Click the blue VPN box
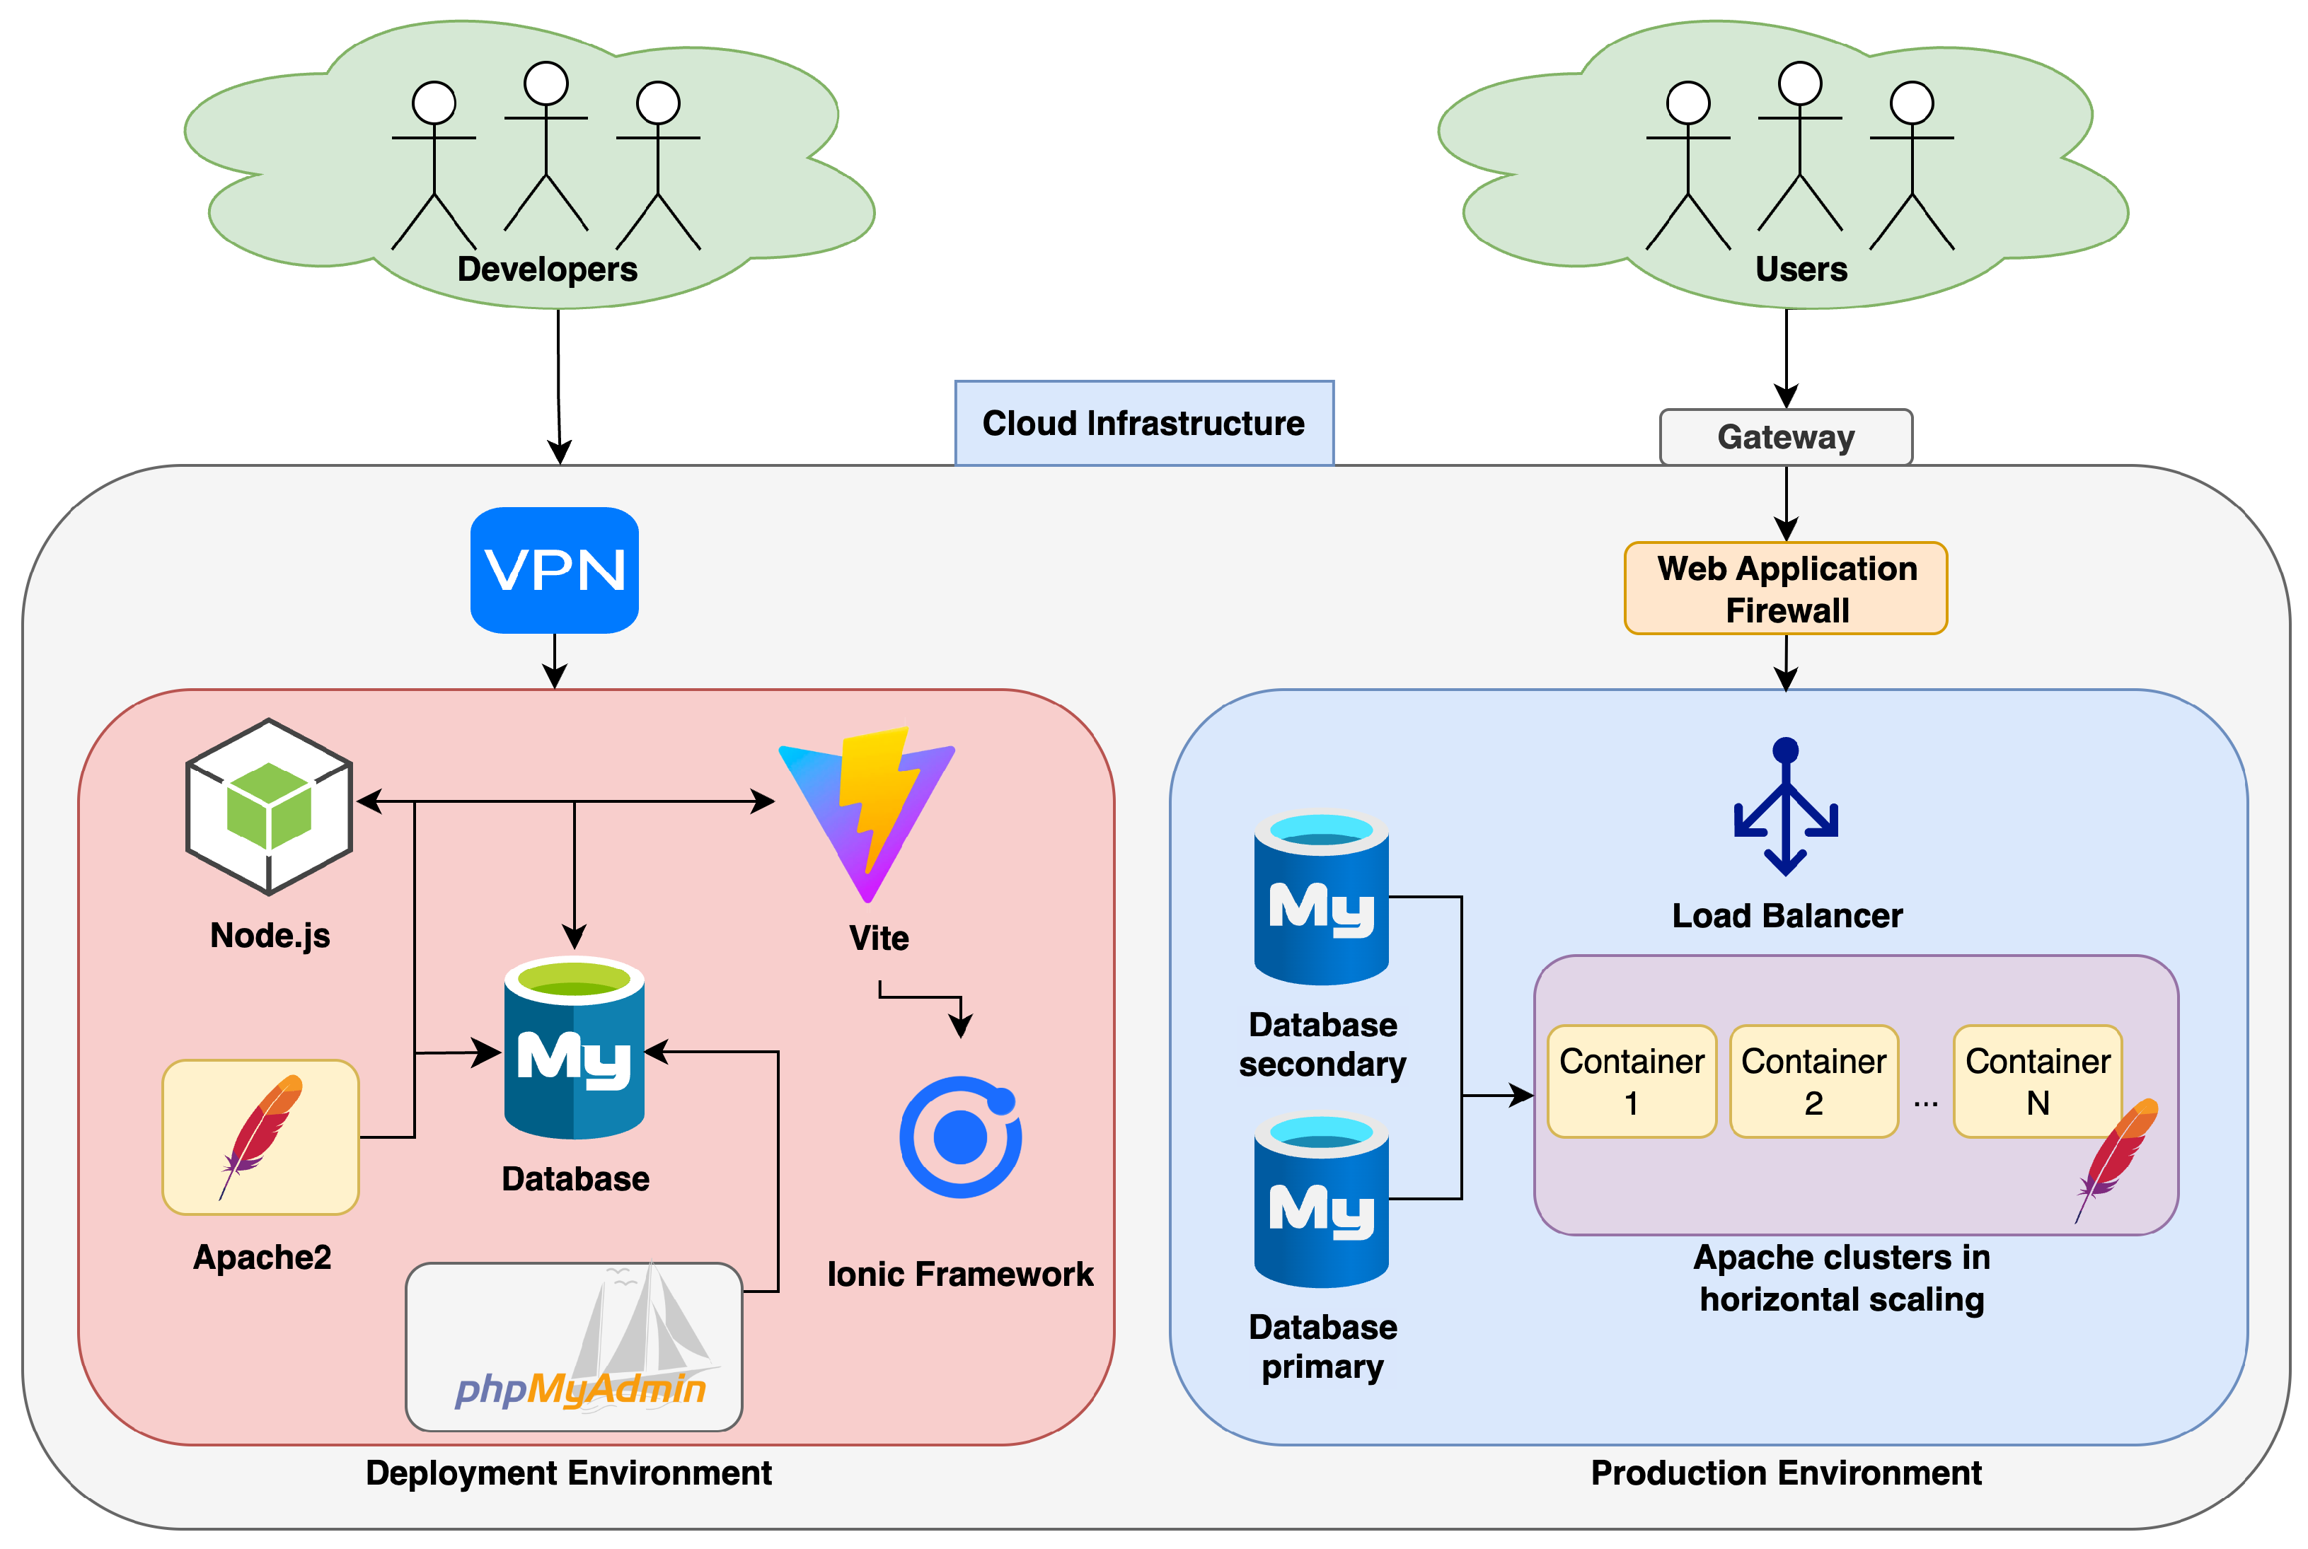coord(554,570)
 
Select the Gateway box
coord(1785,436)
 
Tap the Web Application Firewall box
coord(1785,588)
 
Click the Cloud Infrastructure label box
coord(1143,423)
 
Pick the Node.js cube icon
coord(269,807)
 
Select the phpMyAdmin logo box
coord(574,1347)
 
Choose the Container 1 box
coord(1631,1081)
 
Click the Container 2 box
coord(1813,1081)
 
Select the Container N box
coord(2037,1081)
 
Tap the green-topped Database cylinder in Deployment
coord(574,1048)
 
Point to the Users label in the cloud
coord(1800,269)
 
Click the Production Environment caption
coord(1785,1473)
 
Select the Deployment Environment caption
coord(568,1473)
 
